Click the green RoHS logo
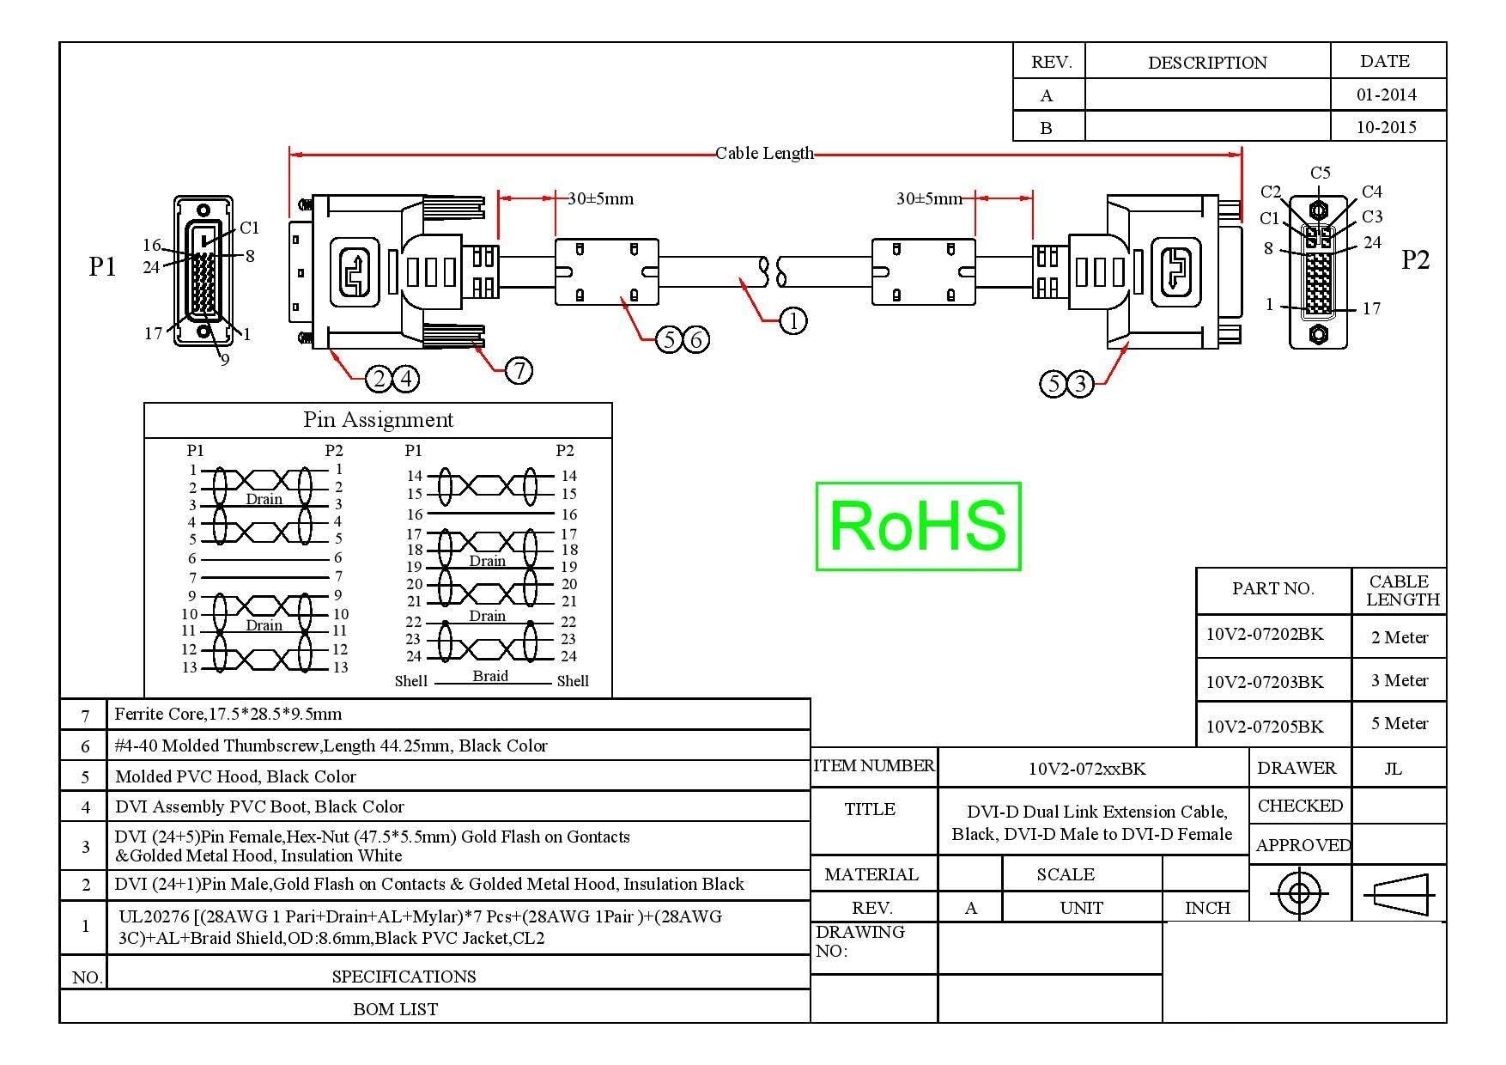[x=918, y=526]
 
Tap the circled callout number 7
[x=519, y=370]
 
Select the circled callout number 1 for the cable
[x=792, y=321]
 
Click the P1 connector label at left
[x=102, y=266]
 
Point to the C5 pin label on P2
[x=1321, y=173]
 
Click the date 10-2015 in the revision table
[x=1387, y=127]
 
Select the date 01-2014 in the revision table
[x=1387, y=94]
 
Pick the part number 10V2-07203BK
[x=1265, y=682]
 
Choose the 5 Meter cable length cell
[x=1400, y=724]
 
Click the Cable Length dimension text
[x=764, y=154]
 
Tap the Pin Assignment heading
[x=378, y=420]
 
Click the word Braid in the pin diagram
[x=490, y=676]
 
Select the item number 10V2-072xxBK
[x=1087, y=769]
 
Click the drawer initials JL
[x=1394, y=769]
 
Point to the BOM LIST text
[x=396, y=1009]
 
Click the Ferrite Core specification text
[x=228, y=714]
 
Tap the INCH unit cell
[x=1207, y=908]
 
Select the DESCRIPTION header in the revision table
[x=1207, y=63]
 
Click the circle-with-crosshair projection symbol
[x=1299, y=894]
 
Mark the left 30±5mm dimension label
[x=600, y=199]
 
